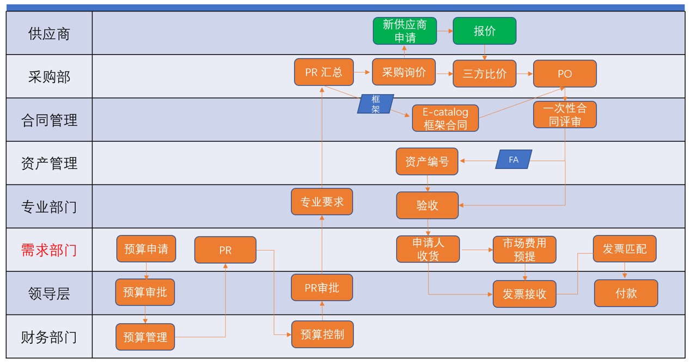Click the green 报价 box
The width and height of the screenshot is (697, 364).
[484, 31]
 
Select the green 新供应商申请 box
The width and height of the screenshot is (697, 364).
[405, 31]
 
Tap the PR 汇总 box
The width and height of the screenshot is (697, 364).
[324, 72]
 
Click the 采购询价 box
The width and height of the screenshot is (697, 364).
[403, 72]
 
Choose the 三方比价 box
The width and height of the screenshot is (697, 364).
[484, 74]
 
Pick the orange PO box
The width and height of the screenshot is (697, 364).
[565, 74]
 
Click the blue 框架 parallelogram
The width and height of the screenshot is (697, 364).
[375, 104]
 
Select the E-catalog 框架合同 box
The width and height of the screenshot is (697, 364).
[445, 118]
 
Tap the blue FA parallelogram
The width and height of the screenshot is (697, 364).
[513, 160]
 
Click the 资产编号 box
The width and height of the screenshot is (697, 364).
[427, 161]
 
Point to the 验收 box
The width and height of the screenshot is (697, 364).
[427, 205]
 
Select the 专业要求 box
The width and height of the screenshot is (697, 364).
[322, 202]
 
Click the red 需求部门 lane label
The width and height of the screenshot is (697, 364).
[49, 250]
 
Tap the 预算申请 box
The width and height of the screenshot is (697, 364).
[146, 249]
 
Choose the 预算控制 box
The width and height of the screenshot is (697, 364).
[322, 334]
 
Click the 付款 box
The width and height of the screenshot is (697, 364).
[626, 293]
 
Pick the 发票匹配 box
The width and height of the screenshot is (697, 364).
[625, 249]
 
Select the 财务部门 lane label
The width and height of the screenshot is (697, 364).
[49, 337]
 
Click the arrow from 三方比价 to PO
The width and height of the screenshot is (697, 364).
[524, 74]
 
